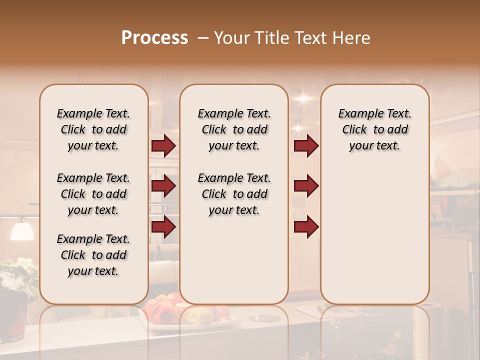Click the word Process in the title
(154, 38)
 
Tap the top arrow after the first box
(163, 146)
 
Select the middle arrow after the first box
(163, 186)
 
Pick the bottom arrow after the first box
(163, 226)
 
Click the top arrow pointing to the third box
(306, 146)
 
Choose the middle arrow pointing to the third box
(306, 186)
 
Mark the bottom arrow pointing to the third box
(306, 226)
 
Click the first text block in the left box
(93, 129)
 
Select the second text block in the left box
(93, 194)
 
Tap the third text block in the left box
(93, 255)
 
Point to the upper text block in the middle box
(234, 129)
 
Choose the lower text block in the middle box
(234, 194)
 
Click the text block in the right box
(375, 129)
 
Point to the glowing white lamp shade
(22, 230)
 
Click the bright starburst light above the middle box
(303, 98)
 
